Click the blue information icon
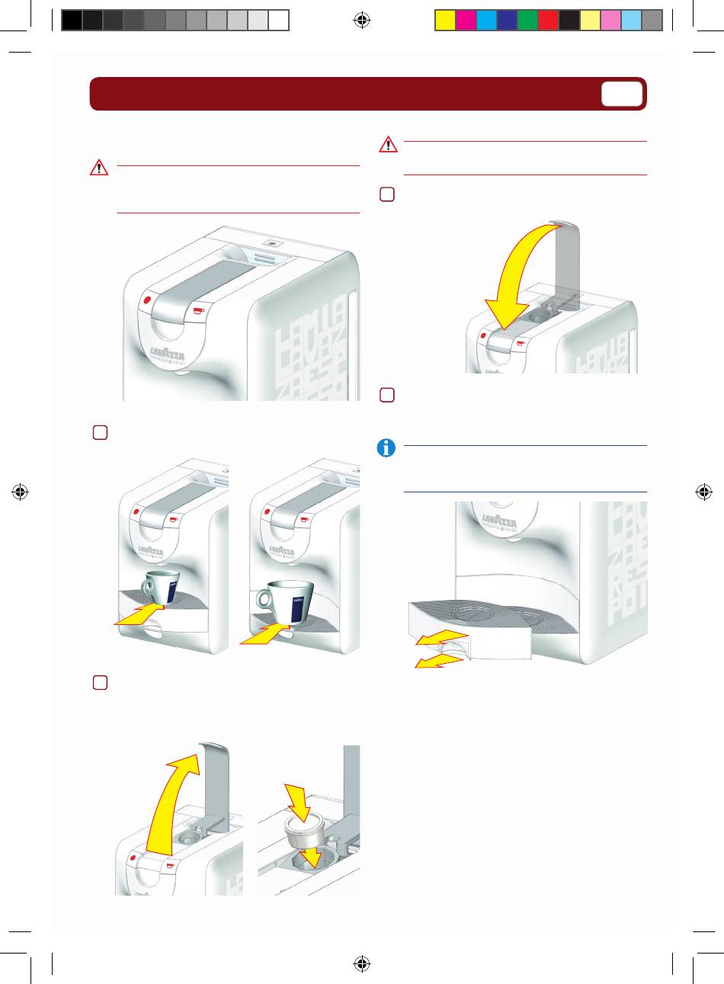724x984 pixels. coord(386,448)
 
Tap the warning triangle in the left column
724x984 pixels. coord(98,168)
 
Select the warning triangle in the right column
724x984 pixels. coord(388,144)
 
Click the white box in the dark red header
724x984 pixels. coord(621,94)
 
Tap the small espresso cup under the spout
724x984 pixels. coord(160,587)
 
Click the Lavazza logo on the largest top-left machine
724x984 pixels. coord(167,354)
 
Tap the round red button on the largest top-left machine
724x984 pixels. coord(145,300)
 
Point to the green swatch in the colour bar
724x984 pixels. coord(527,21)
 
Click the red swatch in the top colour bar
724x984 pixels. coord(548,21)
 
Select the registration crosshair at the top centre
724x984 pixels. coord(362,21)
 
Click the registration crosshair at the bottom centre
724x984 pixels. coord(362,963)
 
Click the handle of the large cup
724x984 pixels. coord(264,600)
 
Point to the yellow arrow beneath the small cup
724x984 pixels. coord(141,616)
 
